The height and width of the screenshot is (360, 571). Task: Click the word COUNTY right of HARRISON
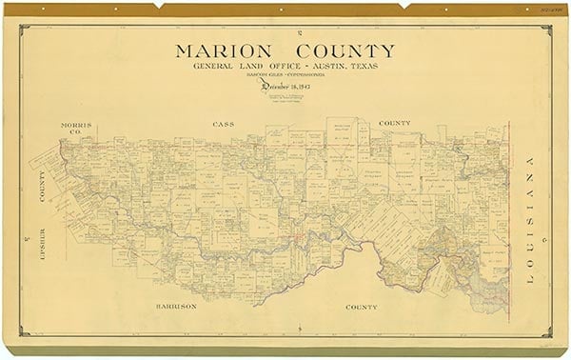(362, 308)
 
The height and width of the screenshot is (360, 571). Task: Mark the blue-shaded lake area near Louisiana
(490, 282)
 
